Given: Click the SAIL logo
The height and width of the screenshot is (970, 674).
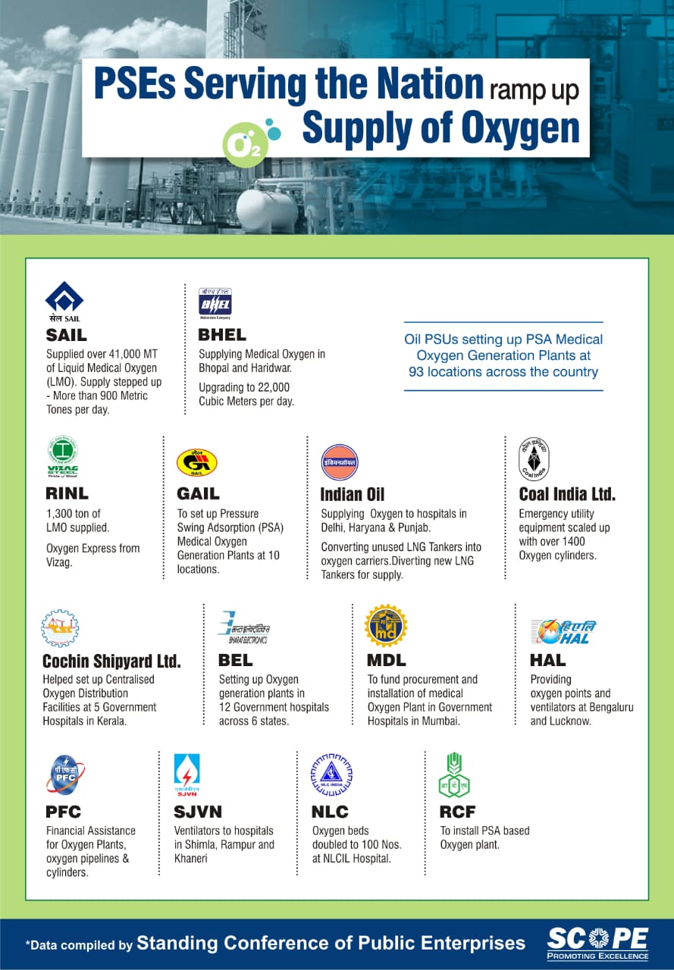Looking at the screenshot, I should (64, 301).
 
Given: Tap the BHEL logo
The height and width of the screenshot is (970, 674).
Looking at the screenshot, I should (215, 302).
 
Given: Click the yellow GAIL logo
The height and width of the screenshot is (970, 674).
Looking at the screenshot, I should (196, 462).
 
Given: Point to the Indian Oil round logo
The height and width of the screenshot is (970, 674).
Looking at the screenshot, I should (339, 462).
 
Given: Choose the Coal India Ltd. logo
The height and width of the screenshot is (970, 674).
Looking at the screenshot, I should (534, 459).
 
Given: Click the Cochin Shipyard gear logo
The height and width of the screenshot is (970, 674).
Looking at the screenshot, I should (60, 628).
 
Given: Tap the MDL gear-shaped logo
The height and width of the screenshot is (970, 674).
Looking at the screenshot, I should (385, 625).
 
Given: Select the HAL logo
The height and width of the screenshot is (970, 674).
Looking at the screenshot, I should (563, 631).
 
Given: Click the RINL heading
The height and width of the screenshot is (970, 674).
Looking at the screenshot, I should (67, 494).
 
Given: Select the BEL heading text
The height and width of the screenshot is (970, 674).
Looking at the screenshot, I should (235, 660).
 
